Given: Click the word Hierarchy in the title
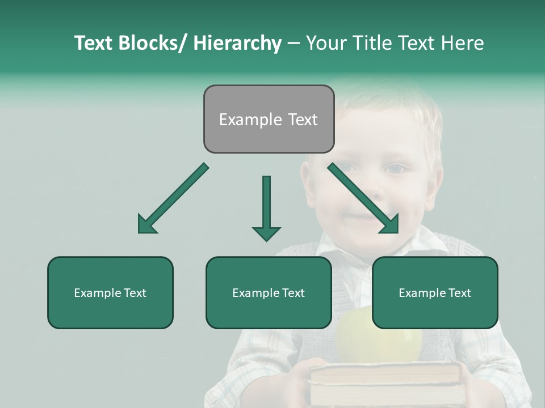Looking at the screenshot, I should pos(237,43).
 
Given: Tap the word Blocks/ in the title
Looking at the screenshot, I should pos(152,43).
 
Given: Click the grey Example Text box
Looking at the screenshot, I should pos(269,119).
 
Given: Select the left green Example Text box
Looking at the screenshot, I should pos(110,292).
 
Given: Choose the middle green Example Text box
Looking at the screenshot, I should pos(269,292).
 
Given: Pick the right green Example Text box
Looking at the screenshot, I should pos(435,292).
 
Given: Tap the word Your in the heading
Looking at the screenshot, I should pos(325,43).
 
